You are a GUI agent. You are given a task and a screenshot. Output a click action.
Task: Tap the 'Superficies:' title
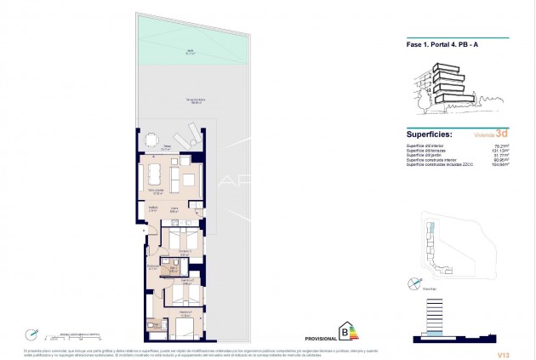point(429,134)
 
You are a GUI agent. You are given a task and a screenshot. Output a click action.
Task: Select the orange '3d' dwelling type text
point(503,134)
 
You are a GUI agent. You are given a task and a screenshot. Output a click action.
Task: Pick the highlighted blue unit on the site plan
point(431,230)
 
